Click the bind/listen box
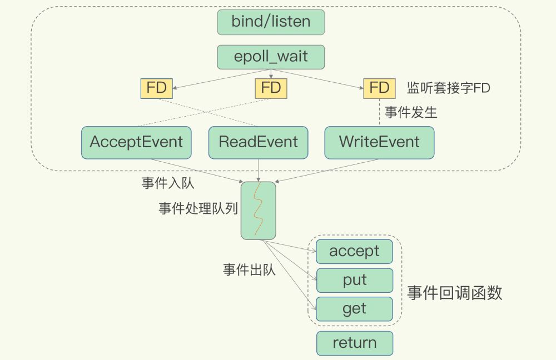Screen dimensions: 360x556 [x=271, y=22]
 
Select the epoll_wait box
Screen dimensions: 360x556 [x=271, y=57]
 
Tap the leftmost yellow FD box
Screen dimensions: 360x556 [x=157, y=88]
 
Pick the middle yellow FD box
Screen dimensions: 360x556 [x=271, y=88]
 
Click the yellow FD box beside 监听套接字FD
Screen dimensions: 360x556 [x=379, y=88]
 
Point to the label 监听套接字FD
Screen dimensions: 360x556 [x=448, y=88]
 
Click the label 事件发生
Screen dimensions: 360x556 [x=411, y=113]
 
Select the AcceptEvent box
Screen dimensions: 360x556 [x=136, y=142]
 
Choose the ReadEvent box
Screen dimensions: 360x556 [x=258, y=142]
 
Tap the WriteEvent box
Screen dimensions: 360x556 [x=379, y=142]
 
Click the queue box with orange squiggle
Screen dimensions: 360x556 [x=258, y=211]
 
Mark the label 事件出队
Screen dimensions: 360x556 [x=249, y=271]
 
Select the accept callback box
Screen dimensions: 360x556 [x=354, y=251]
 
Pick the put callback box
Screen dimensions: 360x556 [x=354, y=280]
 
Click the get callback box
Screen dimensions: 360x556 [x=354, y=309]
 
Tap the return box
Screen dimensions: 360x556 [x=354, y=343]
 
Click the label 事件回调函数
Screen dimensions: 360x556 [x=454, y=293]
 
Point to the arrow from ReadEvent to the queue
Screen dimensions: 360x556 [x=258, y=169]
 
